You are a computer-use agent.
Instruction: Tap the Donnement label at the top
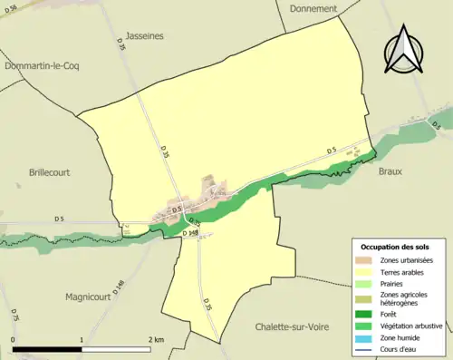(x=313, y=8)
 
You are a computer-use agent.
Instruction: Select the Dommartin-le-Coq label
(x=39, y=66)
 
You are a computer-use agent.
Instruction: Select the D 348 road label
(x=190, y=233)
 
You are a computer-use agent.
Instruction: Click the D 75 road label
(x=14, y=316)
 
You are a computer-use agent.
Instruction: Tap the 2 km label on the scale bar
(x=157, y=339)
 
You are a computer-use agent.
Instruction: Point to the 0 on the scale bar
(x=14, y=339)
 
